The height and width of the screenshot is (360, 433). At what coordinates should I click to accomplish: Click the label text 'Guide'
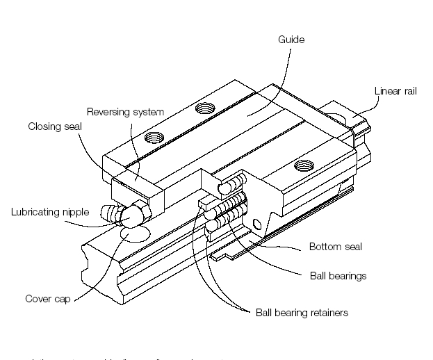tap(291, 40)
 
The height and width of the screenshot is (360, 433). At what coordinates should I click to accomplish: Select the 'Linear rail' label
tap(395, 91)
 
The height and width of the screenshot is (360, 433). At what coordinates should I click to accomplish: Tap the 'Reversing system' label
tap(125, 112)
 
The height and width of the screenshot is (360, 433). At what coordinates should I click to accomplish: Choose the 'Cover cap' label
tap(46, 300)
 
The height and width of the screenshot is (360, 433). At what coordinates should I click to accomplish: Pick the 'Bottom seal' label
tap(336, 247)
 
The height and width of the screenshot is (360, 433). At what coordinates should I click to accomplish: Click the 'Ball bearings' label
tap(337, 276)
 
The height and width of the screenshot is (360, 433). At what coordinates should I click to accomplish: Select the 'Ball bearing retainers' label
tap(302, 313)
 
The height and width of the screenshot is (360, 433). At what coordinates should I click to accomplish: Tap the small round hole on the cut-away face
tap(259, 224)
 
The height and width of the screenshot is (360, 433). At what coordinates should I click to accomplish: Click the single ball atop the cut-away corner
tap(226, 188)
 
